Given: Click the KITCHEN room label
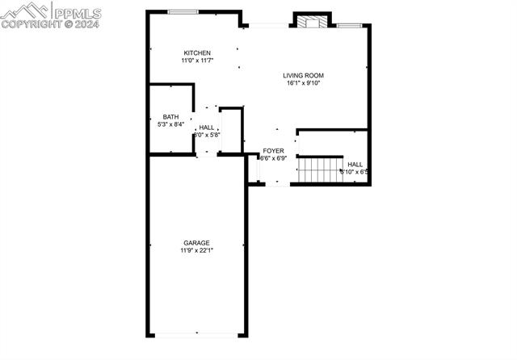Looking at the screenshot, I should [x=196, y=53].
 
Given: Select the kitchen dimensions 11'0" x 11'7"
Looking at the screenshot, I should [x=196, y=61].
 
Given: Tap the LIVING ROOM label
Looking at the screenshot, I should [x=303, y=75].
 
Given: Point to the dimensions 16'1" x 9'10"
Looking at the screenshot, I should [x=303, y=82].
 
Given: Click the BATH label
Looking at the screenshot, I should [x=170, y=117].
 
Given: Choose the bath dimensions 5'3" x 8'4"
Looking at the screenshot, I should [x=170, y=124].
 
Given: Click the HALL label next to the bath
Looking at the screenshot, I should [x=207, y=128].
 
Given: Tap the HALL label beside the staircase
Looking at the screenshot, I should [x=355, y=164].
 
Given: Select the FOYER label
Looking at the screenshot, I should [x=273, y=151].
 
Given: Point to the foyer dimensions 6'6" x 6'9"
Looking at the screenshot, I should [x=273, y=158].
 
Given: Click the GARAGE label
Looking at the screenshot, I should [x=196, y=243].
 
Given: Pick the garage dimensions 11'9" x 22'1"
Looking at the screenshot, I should [x=196, y=250].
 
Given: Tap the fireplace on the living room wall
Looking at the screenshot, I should [x=311, y=21].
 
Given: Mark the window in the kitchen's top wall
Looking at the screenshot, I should [x=183, y=11].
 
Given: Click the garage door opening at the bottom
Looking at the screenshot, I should [x=196, y=334].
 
